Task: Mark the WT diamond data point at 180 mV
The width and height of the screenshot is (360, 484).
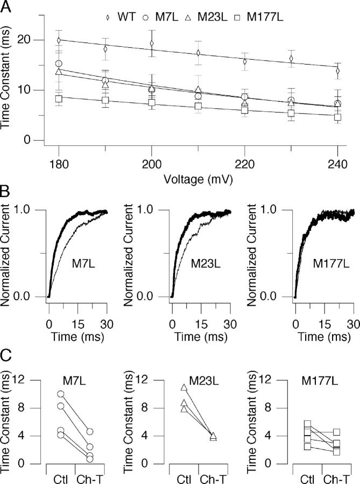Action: [x=58, y=40]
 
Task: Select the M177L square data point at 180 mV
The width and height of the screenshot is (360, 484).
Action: [x=58, y=99]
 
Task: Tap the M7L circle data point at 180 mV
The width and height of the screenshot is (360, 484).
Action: [x=58, y=64]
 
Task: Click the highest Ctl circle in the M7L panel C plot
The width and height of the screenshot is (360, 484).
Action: [x=60, y=394]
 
